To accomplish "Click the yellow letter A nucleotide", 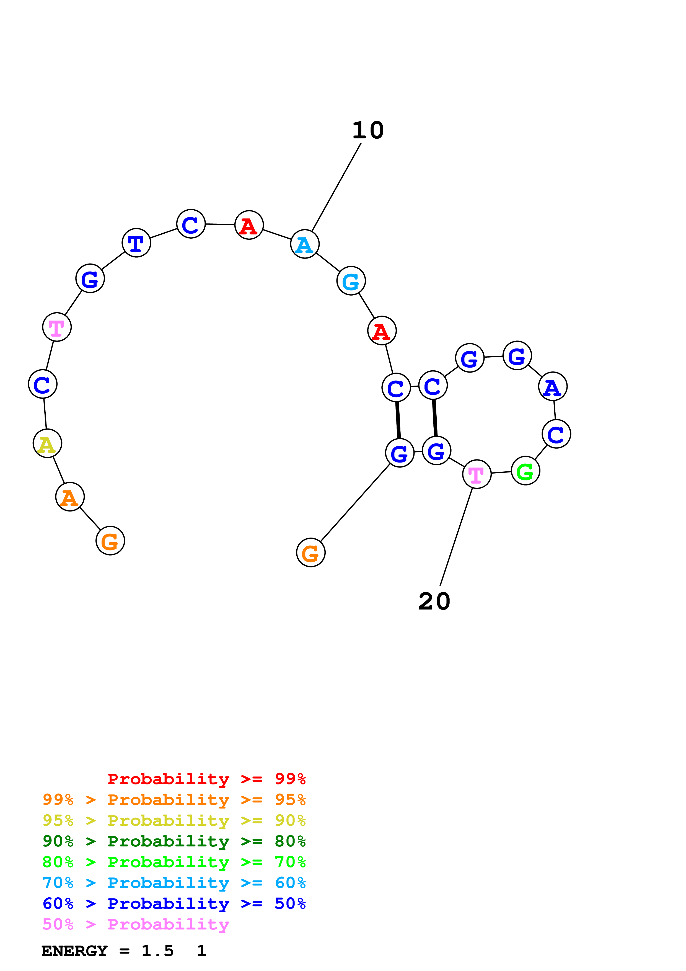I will pos(47,444).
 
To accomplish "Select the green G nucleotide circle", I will pos(525,471).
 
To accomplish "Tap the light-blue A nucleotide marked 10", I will pos(305,244).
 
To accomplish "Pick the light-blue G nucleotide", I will pos(351,281).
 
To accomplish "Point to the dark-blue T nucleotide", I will pos(136,243).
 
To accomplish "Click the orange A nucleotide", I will pos(70,497).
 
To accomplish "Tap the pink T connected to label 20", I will pos(477,474).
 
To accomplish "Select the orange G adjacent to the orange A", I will pos(110,541).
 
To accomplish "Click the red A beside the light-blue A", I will pos(249,225).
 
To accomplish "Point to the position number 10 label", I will pos(368,130).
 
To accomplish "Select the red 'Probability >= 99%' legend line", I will pos(206,779).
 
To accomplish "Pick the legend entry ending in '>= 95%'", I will pos(174,800).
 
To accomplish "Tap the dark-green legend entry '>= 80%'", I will pos(174,841).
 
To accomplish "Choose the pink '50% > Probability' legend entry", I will pos(136,924).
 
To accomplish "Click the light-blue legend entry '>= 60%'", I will pos(174,883).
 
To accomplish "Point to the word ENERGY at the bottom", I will pos(74,951).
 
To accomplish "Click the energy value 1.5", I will pos(157,951).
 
